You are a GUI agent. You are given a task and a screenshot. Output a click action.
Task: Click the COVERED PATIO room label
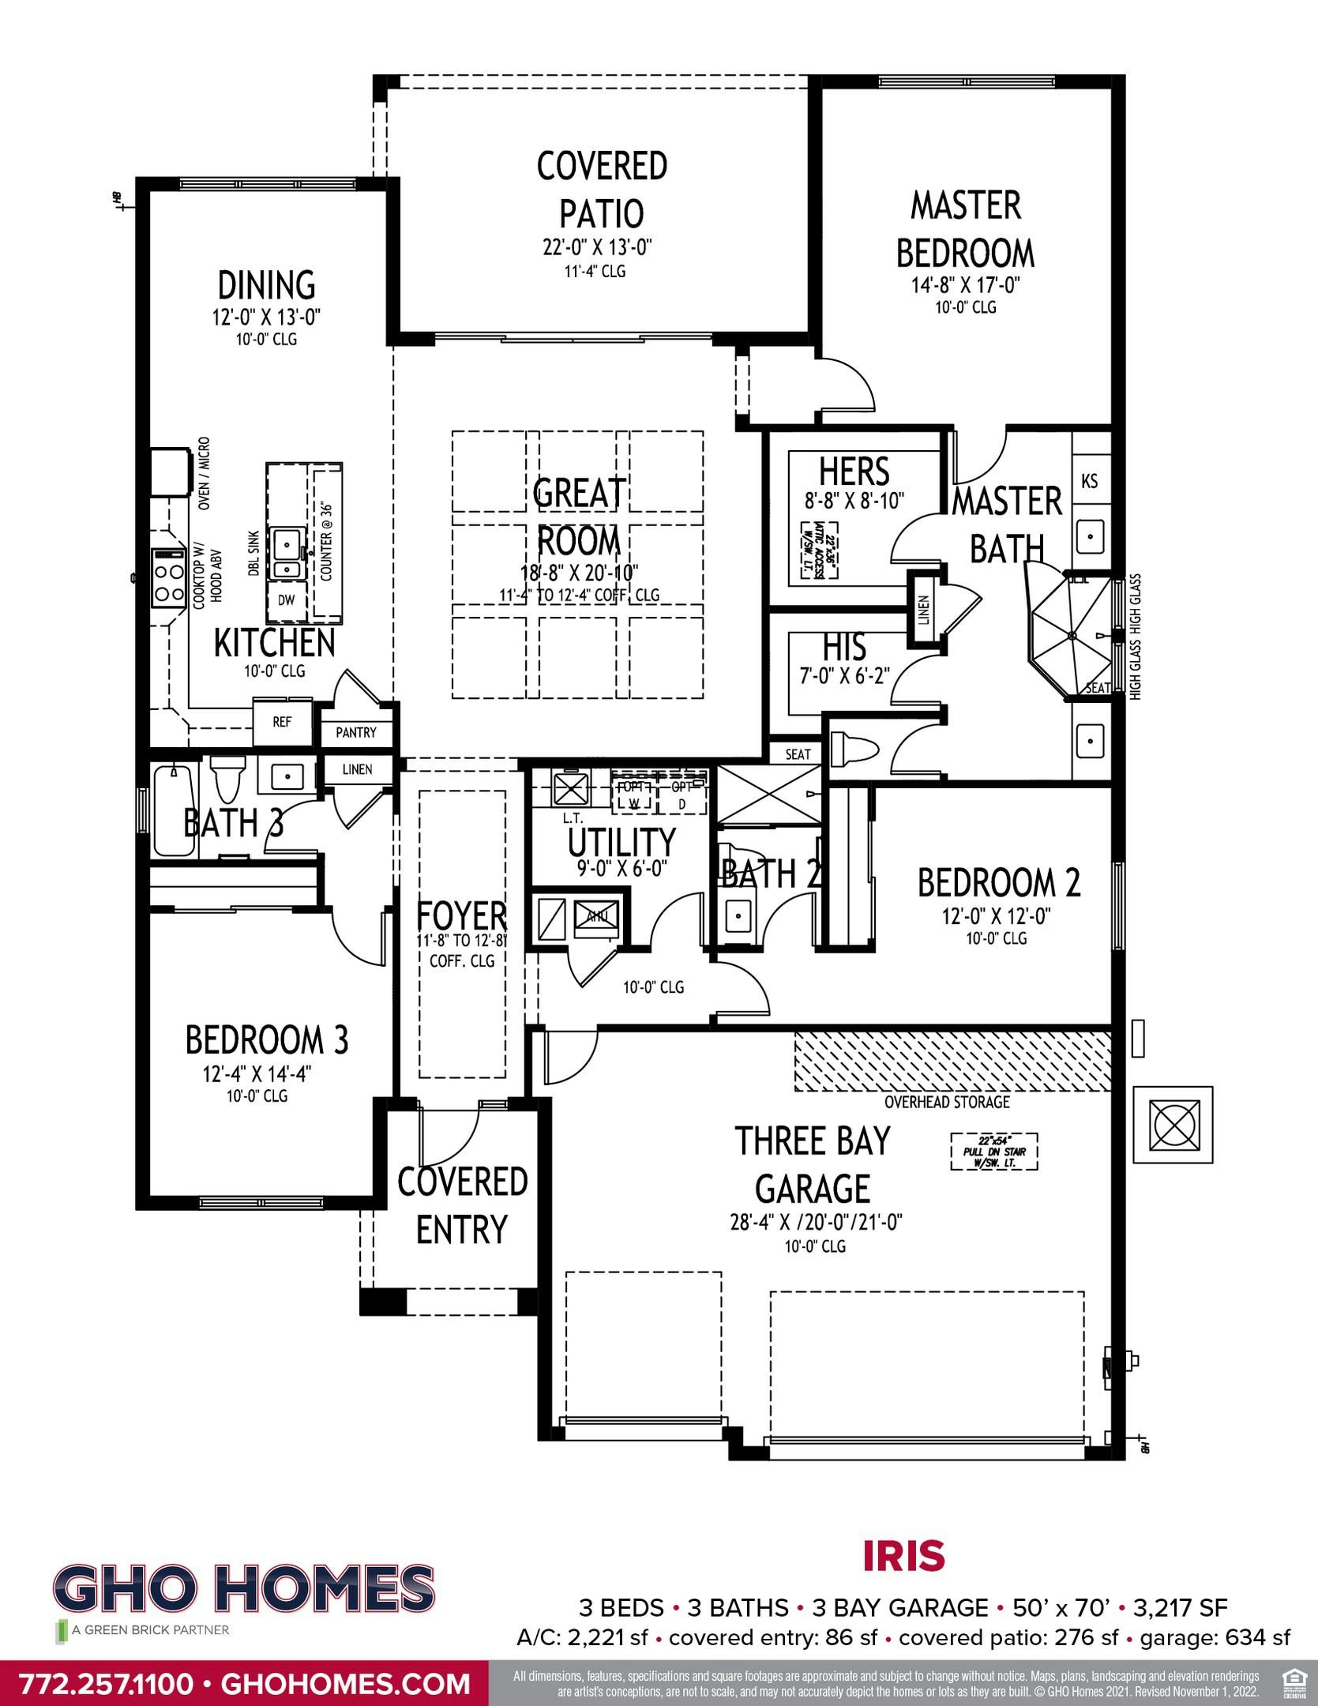coord(602,190)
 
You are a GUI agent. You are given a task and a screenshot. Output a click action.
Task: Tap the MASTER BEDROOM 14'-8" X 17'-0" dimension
coord(966,285)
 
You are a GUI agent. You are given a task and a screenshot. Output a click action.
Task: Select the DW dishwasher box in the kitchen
coord(286,600)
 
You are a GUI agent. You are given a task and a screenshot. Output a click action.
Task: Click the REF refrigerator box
coord(282,722)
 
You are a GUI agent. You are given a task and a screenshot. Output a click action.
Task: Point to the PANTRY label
coord(356,732)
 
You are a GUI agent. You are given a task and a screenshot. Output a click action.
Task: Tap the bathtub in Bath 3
coord(174,809)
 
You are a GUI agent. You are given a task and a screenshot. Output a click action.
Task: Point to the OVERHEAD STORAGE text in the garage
coord(947,1102)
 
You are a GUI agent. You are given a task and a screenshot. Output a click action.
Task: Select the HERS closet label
coord(854,472)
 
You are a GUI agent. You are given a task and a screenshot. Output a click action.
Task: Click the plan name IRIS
coord(904,1556)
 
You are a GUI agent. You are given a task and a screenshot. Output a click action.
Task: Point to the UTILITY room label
coord(621,843)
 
